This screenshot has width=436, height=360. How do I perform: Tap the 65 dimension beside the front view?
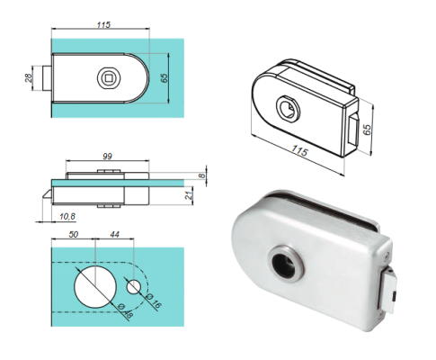click(x=164, y=78)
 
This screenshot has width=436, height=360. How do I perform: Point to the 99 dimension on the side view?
click(x=107, y=157)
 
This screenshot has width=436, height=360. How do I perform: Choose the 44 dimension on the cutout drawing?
click(x=112, y=236)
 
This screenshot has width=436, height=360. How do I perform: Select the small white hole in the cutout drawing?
click(x=134, y=288)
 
